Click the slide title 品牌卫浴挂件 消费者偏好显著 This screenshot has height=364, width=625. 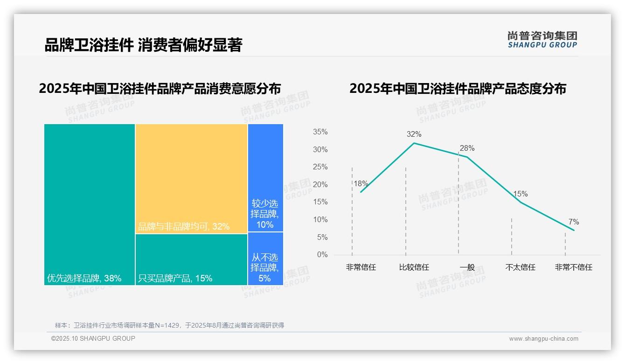pos(143,45)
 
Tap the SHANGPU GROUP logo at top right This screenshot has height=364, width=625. pos(542,40)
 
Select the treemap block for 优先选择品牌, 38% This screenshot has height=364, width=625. pos(90,204)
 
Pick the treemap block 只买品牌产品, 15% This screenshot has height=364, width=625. pos(191,259)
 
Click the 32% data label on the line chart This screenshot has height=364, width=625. pos(414,134)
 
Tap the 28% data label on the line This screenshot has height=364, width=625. pos(467,148)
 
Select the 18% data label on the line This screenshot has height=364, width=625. pos(361,184)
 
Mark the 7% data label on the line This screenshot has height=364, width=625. pos(574,222)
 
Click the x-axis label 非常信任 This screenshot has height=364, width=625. pos(361,267)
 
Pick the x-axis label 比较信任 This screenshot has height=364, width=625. pos(414,267)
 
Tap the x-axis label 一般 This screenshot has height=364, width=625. pos(467,267)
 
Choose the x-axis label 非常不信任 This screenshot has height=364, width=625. pos(573,267)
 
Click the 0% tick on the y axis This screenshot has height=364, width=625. pos(322,255)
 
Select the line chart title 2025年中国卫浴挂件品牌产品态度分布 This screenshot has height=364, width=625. pos(458,89)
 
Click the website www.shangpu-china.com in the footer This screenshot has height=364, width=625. pos(543,339)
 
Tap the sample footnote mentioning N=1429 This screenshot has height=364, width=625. pos(169,325)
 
